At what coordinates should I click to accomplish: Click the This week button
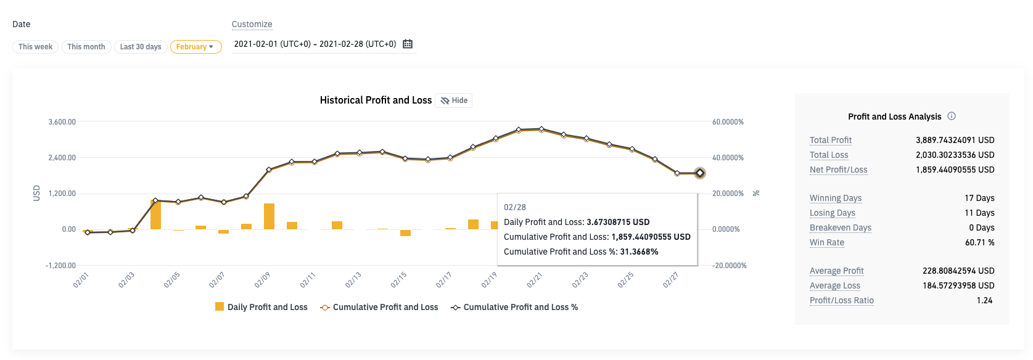coord(35,47)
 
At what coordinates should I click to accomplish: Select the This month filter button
coord(86,47)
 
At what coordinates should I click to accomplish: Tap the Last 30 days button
coord(141,47)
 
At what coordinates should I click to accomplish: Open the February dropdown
coord(195,47)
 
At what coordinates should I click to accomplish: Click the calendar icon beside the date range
coord(408,44)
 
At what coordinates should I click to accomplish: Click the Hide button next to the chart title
coord(454,100)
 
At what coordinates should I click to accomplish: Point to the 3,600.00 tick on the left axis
coord(62,122)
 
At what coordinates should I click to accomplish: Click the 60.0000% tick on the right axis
coord(728,122)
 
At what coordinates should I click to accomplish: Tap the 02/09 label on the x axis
coord(263,280)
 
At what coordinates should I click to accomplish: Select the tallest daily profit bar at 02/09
coord(269,216)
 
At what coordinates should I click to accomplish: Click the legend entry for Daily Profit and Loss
coord(261,307)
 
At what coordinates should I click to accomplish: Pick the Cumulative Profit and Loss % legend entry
coord(514,307)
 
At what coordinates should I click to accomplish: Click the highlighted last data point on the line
coord(699,173)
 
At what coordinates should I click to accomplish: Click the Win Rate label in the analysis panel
coord(826,242)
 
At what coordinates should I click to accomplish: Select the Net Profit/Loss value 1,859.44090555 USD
coord(955,170)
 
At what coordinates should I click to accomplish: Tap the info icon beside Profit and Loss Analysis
coord(952,116)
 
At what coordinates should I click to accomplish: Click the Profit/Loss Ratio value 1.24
coord(984,300)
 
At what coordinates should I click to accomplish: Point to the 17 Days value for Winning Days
coord(979,198)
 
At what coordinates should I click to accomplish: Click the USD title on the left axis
coord(36,193)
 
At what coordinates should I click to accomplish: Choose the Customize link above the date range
coord(252,24)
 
